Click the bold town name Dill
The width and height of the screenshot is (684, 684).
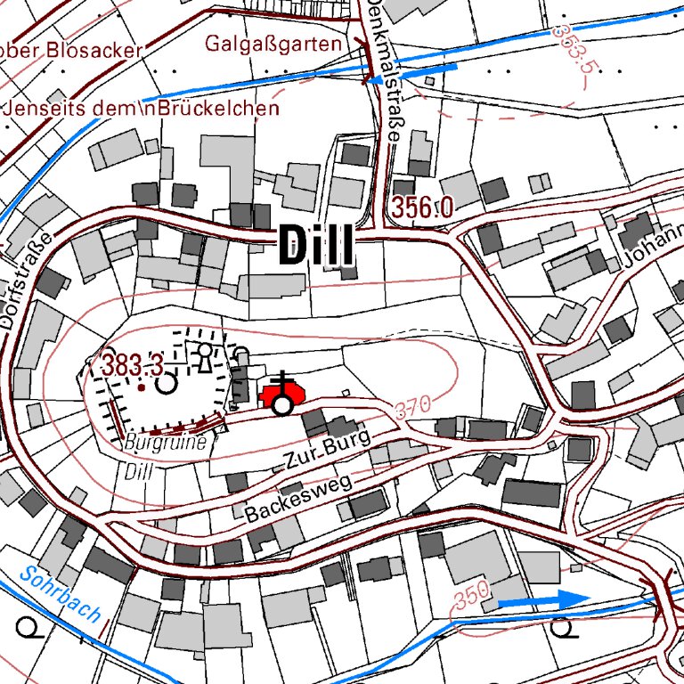tap(316, 245)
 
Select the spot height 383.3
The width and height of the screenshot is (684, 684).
tap(131, 365)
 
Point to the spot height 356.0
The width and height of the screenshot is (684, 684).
tap(420, 208)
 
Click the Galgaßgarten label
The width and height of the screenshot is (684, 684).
tap(273, 44)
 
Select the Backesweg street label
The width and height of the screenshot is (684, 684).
tap(298, 499)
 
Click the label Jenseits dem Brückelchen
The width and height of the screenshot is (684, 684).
tap(142, 109)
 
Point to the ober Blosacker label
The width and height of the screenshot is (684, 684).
tap(71, 50)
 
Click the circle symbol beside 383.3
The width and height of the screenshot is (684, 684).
tap(167, 384)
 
